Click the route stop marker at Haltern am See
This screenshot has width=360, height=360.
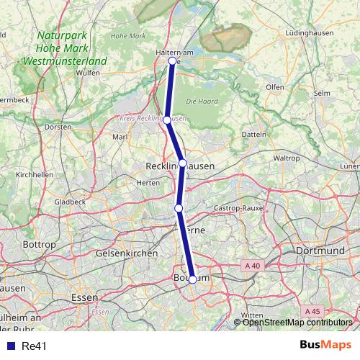pos(172,61)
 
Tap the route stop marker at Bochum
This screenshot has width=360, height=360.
pos(192,279)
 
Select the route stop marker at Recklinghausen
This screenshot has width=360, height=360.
pos(183,163)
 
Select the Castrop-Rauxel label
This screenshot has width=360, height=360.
pos(240,208)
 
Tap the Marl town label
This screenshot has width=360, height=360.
pos(120,136)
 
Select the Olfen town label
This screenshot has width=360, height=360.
pos(276,87)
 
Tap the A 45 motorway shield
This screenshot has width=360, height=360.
pos(312,311)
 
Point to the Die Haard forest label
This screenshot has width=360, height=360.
pos(200,101)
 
